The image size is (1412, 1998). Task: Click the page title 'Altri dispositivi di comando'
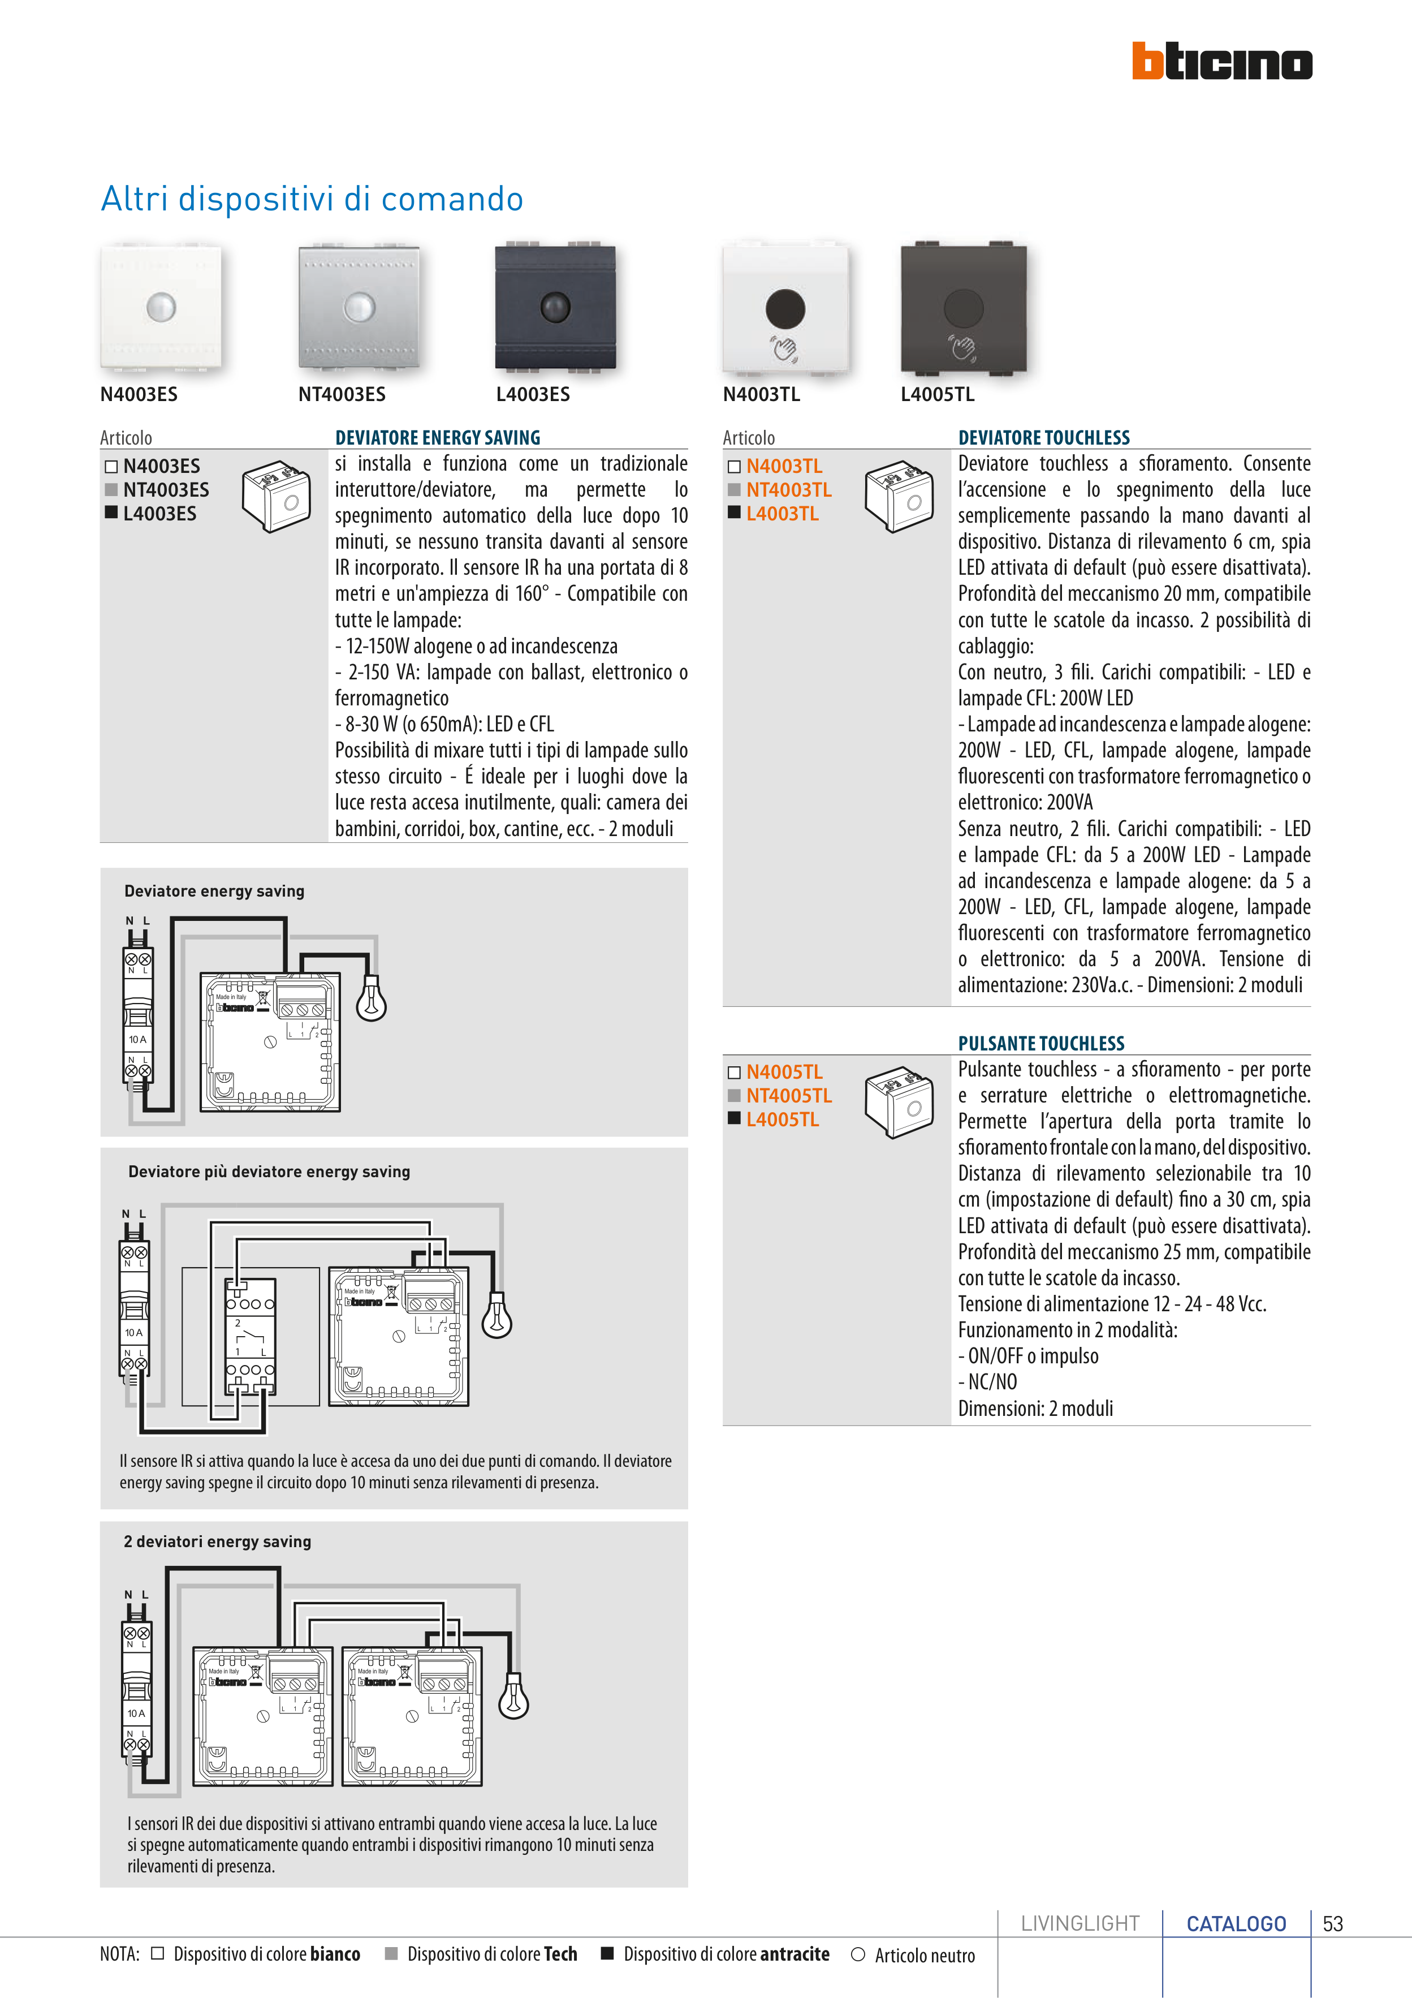tap(312, 199)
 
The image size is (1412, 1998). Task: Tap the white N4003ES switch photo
tap(161, 307)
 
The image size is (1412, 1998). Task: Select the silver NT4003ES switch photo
tap(359, 307)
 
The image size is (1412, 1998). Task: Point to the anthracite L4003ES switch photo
tap(555, 307)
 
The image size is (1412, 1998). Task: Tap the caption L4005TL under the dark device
tap(937, 394)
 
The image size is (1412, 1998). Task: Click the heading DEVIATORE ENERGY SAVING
tap(438, 438)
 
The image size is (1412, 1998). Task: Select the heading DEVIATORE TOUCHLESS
tap(1043, 438)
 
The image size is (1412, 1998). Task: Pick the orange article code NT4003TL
tap(788, 490)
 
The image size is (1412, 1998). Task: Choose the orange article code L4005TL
tap(782, 1120)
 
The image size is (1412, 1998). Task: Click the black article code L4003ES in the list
tap(159, 514)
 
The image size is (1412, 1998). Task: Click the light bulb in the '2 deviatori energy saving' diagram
tap(513, 1697)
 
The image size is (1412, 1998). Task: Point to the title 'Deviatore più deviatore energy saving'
tap(269, 1172)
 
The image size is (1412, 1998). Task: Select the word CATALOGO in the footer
tap(1236, 1924)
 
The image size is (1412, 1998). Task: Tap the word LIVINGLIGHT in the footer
tap(1079, 1924)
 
